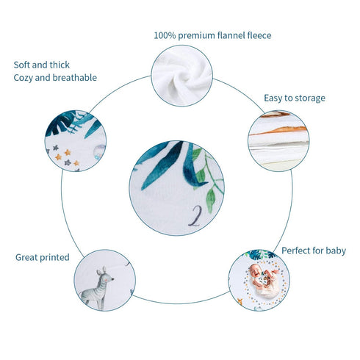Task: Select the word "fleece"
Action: [x=259, y=35]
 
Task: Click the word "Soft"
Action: [x=22, y=65]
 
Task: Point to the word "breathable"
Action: [x=75, y=78]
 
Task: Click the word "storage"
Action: [x=310, y=98]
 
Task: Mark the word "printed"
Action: [x=54, y=258]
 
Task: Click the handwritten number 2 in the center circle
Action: [x=195, y=215]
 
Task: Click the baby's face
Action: [x=255, y=270]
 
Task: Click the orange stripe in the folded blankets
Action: [x=279, y=131]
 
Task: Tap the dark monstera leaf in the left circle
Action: [x=61, y=123]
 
